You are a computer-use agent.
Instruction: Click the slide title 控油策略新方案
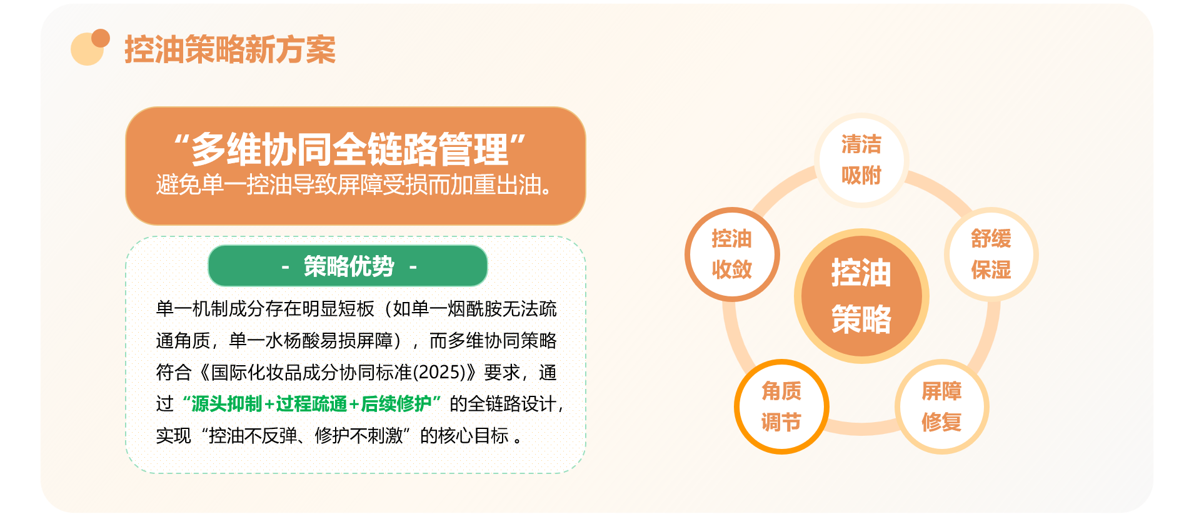point(230,49)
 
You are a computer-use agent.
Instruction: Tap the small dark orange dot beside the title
point(101,38)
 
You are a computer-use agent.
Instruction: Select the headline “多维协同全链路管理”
point(350,149)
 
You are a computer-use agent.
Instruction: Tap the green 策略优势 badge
point(348,266)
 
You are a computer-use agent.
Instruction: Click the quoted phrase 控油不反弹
point(253,436)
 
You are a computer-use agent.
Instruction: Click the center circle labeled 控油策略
point(861,296)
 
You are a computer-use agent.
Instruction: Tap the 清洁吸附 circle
point(861,160)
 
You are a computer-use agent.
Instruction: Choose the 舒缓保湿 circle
point(991,254)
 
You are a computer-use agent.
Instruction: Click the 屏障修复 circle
point(941,406)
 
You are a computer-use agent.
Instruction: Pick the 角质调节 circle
point(781,406)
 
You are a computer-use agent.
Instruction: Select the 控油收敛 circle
point(732,254)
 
